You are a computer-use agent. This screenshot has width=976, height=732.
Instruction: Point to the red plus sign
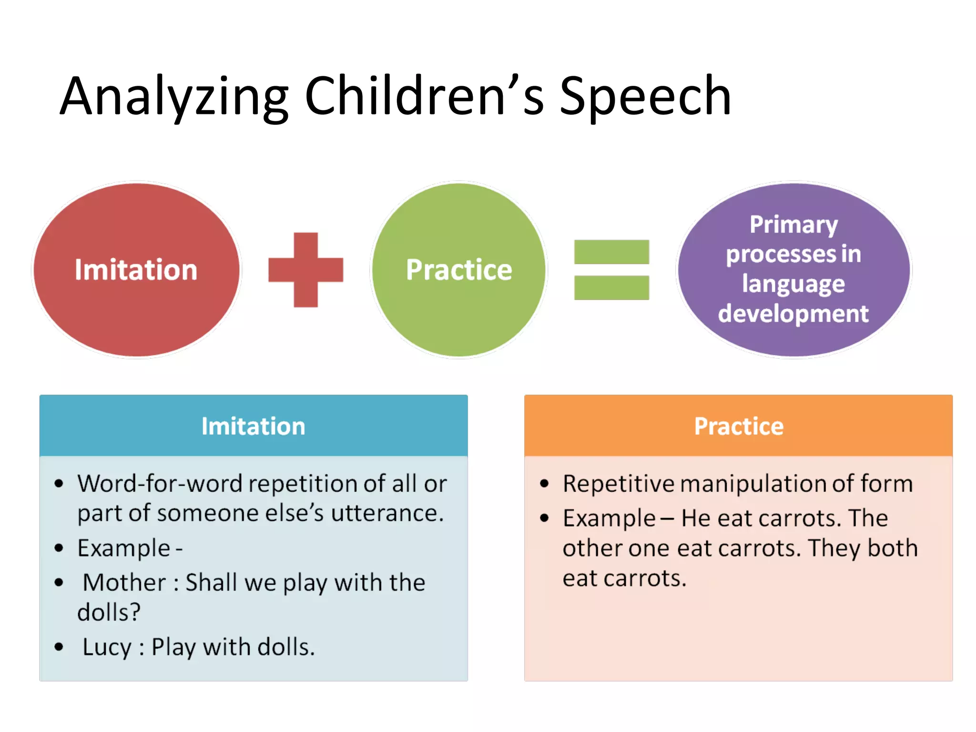[x=305, y=270]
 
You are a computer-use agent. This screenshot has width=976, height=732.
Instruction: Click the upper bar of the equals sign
[x=611, y=252]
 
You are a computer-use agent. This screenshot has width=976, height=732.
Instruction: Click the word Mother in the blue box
[x=124, y=582]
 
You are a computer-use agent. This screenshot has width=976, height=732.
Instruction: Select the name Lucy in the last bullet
[x=107, y=647]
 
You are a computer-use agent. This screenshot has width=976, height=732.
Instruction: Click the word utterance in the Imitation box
[x=387, y=513]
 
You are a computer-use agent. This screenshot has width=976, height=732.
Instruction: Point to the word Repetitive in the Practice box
[x=618, y=484]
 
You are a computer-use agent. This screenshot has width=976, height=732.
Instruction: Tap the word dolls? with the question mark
[x=109, y=612]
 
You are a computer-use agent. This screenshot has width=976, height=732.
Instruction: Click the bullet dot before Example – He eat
[x=544, y=518]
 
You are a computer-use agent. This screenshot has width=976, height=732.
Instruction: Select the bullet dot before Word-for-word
[x=59, y=484]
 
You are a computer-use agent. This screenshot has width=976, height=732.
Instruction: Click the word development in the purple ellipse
[x=793, y=314]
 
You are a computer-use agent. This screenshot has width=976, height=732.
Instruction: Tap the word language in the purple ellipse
[x=793, y=284]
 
